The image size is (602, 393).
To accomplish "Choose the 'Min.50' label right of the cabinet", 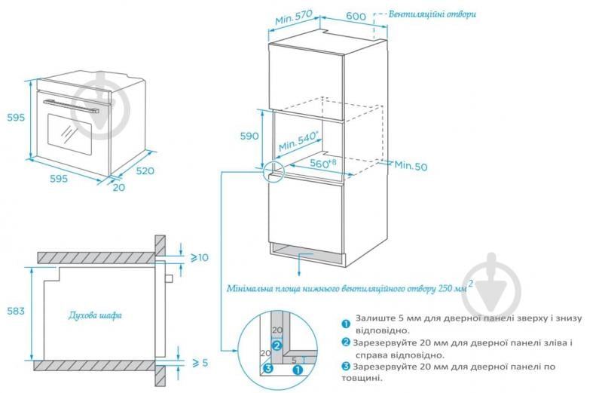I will (411, 165).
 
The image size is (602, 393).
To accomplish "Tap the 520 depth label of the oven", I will (145, 171).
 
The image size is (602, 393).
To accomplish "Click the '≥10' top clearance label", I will (198, 258).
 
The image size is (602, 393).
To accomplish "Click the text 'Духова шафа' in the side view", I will (95, 315).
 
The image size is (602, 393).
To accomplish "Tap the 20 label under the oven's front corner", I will (118, 188).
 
